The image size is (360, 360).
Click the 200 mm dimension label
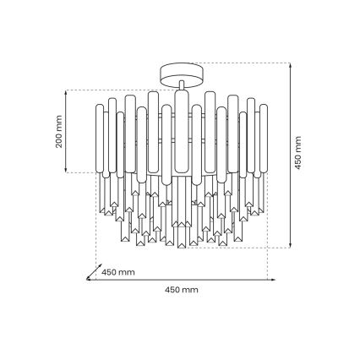pyautogui.click(x=59, y=131)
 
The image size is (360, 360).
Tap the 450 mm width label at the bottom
pyautogui.click(x=182, y=290)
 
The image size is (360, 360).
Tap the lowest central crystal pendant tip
pyautogui.click(x=180, y=248)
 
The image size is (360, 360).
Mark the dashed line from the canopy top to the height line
pyautogui.click(x=245, y=63)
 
